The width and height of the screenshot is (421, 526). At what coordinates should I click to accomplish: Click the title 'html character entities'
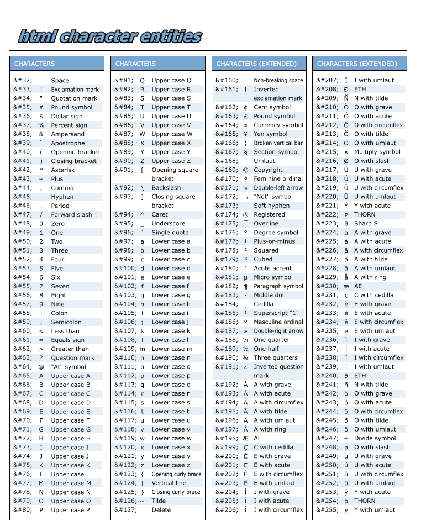109,36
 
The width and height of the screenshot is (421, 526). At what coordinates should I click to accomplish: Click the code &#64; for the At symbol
23,367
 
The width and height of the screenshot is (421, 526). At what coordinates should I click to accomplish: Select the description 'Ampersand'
68,134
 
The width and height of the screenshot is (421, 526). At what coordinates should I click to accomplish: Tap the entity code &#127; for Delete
125,510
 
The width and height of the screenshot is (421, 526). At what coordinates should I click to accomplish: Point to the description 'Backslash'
166,188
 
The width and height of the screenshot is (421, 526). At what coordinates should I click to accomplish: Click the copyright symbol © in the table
245,170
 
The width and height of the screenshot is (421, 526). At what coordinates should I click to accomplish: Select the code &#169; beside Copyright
225,170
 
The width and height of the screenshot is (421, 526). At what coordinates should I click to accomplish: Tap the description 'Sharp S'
366,224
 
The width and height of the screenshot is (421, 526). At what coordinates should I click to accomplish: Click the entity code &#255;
327,510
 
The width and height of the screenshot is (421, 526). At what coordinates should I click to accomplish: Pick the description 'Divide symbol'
375,438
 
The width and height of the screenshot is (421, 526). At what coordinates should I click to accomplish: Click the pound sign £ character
245,117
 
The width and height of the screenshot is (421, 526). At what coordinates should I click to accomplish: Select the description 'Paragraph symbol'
278,286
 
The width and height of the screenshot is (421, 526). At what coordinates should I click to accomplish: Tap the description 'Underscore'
169,224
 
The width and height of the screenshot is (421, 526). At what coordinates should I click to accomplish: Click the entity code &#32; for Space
23,81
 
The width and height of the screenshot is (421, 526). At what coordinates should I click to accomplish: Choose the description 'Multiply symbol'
377,152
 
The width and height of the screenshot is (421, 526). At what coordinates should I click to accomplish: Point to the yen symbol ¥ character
245,134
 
